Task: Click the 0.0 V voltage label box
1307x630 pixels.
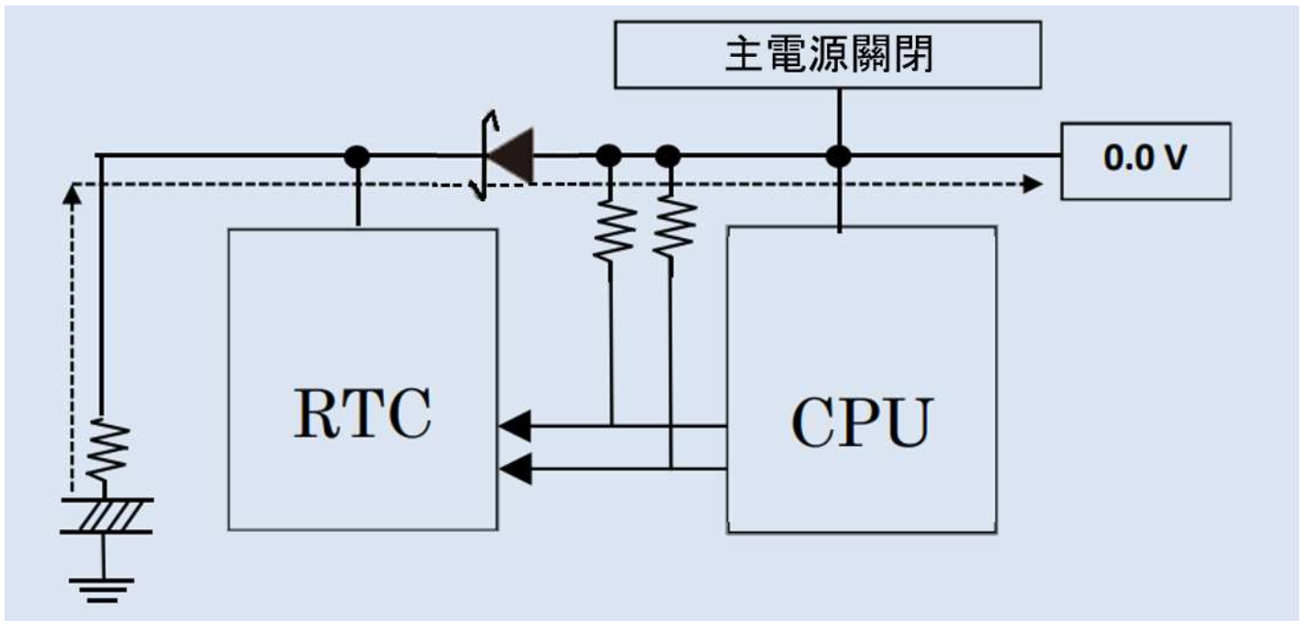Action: [1145, 160]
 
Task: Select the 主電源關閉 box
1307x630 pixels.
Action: [828, 55]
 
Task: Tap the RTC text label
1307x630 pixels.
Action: [362, 414]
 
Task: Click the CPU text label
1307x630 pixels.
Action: [861, 422]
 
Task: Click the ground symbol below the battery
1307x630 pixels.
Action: [101, 586]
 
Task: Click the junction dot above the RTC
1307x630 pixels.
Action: [357, 157]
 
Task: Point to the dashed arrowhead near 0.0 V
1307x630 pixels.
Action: [1033, 185]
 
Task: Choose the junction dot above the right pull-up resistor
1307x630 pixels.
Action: [669, 156]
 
